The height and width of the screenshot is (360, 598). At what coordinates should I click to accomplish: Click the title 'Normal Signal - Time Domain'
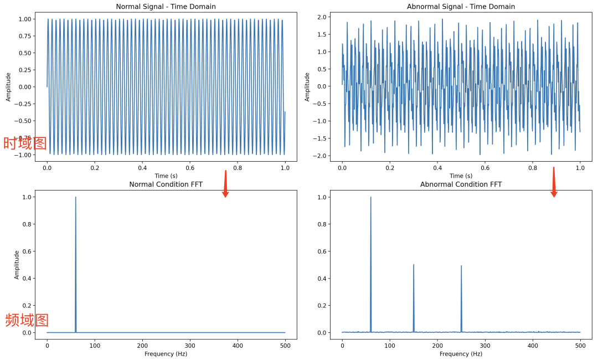tap(166, 7)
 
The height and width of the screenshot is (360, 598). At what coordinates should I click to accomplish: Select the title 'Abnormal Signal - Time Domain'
tap(461, 7)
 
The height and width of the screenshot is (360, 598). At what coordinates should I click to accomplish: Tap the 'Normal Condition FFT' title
tap(166, 184)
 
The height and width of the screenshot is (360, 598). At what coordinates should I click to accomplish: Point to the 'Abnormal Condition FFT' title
tap(461, 184)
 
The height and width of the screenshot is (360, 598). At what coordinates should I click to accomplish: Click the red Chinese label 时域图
tap(25, 143)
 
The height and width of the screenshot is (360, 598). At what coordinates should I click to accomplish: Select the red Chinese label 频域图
tap(27, 320)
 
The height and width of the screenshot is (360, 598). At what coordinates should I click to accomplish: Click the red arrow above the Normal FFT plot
tap(225, 184)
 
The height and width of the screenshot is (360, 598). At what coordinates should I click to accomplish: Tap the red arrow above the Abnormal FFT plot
tap(554, 182)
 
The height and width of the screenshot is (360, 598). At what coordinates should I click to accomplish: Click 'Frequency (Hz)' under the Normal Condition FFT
tap(166, 354)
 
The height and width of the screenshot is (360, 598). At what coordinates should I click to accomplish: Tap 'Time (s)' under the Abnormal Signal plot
tap(461, 176)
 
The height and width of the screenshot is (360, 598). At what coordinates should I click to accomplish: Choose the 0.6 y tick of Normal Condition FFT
tap(25, 251)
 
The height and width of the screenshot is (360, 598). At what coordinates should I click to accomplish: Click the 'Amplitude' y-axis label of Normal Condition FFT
tap(17, 264)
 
